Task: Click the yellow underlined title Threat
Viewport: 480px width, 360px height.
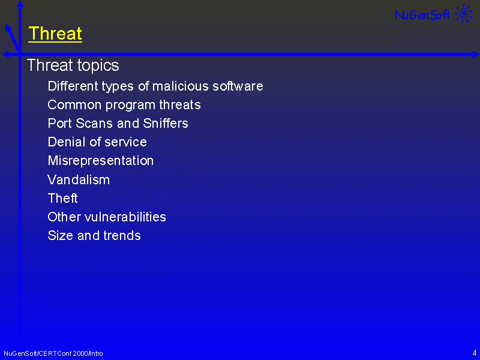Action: click(55, 34)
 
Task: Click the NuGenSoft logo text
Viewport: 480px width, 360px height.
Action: click(422, 14)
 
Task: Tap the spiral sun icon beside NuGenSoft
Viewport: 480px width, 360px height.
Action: click(463, 13)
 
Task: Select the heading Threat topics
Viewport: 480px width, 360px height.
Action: click(73, 65)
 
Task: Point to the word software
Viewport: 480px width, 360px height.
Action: click(238, 86)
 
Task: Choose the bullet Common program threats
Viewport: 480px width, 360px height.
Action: click(124, 105)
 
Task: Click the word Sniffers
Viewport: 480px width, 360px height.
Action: click(166, 124)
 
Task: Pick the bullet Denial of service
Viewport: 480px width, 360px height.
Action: click(97, 142)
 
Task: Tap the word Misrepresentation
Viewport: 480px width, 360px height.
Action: click(100, 161)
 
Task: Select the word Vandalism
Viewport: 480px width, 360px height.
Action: click(79, 179)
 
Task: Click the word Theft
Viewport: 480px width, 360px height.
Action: click(62, 199)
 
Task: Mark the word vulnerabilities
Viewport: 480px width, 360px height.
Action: click(125, 217)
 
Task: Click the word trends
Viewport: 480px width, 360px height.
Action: click(122, 236)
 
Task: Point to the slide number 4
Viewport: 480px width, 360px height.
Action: click(474, 353)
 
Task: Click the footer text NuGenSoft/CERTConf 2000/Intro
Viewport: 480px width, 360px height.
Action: click(53, 353)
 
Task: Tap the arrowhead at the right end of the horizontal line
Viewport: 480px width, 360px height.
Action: click(476, 55)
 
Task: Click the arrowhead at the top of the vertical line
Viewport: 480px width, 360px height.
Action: click(20, 4)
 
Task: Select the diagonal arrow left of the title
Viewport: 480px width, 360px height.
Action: click(12, 38)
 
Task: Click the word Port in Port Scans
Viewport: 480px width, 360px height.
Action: click(59, 124)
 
